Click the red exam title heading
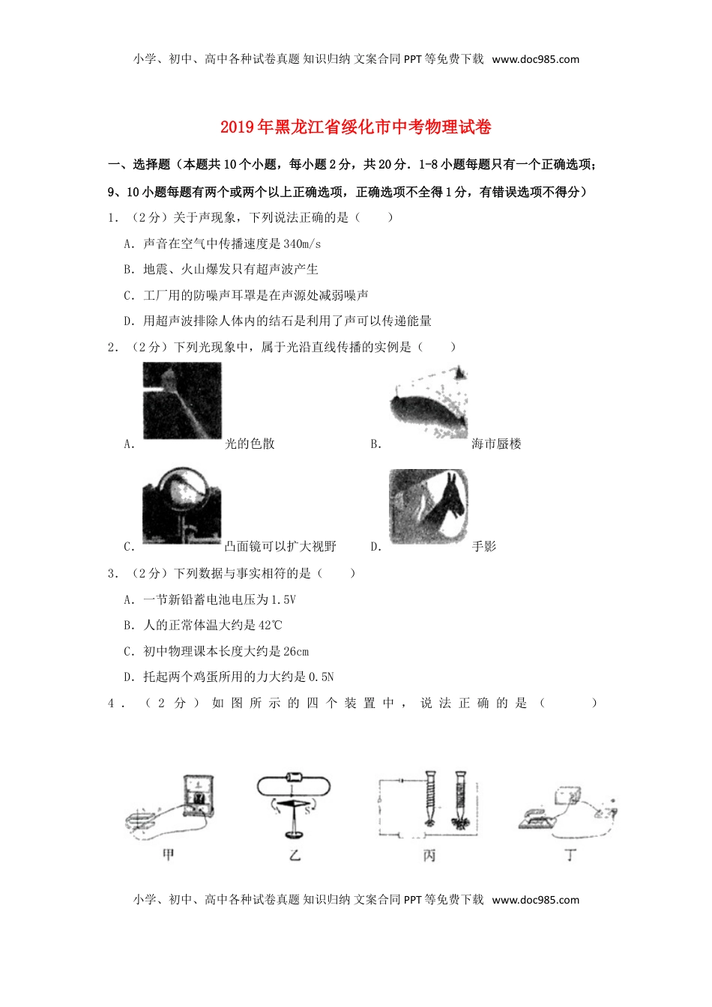[x=355, y=127]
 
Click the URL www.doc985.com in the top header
[x=535, y=59]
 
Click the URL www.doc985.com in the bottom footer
[x=535, y=900]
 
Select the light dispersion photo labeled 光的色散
[x=182, y=401]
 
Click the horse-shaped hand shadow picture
[x=429, y=507]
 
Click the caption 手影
[x=484, y=547]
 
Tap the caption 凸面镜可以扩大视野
[x=280, y=547]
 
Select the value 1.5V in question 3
[x=283, y=599]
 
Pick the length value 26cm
[x=296, y=651]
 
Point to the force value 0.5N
[x=321, y=677]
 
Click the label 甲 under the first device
[x=168, y=854]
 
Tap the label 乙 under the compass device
[x=295, y=854]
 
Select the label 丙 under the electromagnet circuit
[x=429, y=855]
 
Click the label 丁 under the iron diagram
[x=570, y=854]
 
